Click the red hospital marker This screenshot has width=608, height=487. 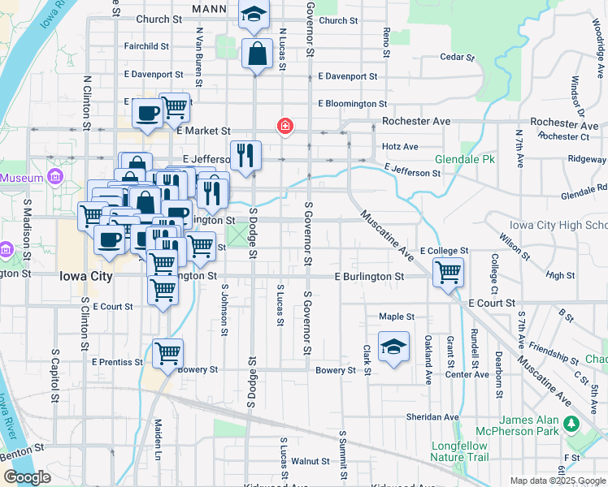click(285, 126)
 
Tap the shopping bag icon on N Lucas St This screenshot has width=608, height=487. click(257, 54)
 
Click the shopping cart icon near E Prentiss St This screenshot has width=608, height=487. click(167, 353)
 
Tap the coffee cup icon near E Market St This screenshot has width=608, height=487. click(147, 114)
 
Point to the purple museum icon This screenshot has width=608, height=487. click(54, 177)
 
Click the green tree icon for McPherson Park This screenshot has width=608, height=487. click(571, 425)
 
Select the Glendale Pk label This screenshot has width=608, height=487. click(464, 160)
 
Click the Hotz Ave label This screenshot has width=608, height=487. click(399, 147)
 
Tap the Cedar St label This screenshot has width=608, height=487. click(456, 57)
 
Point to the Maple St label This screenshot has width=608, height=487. click(397, 317)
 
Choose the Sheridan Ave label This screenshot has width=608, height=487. click(432, 417)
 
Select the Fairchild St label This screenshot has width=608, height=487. click(146, 47)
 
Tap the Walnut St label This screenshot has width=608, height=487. click(309, 461)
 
